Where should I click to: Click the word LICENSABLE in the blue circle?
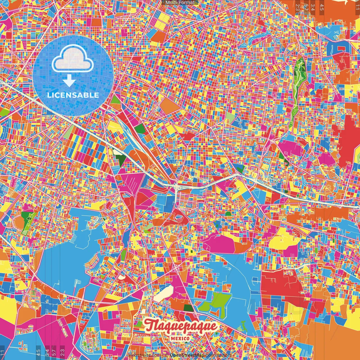coord(73,95)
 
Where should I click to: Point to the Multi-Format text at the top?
coord(180,3)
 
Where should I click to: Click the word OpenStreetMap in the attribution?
coord(187,355)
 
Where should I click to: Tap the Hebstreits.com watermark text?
coord(144,355)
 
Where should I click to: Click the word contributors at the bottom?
coord(219,355)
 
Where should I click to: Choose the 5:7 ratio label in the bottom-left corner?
coord(54,352)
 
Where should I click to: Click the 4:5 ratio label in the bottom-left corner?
coord(38,352)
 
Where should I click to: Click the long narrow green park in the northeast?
coord(298,84)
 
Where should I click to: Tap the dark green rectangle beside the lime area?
coord(189,308)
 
